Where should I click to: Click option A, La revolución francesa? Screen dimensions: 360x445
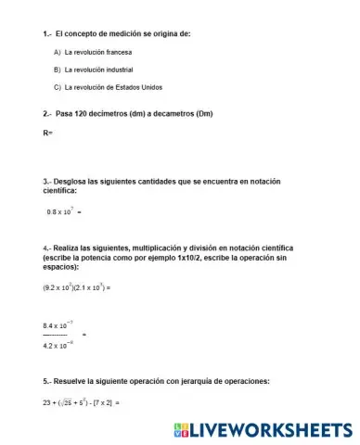tap(97, 52)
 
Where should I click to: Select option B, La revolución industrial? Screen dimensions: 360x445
tap(98, 70)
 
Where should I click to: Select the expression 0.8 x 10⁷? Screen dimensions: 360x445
tap(60, 211)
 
